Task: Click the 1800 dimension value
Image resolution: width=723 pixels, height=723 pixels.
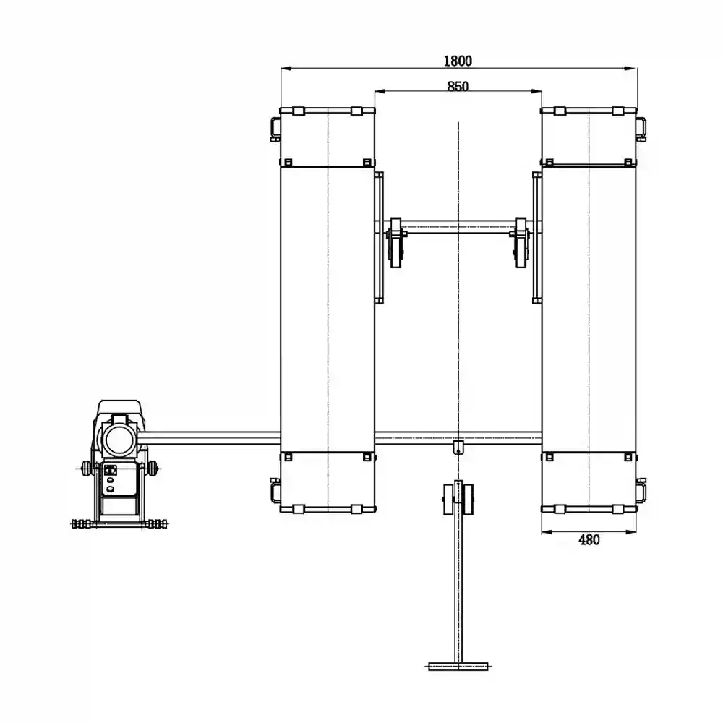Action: [458, 61]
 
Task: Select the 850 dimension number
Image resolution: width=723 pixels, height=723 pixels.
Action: [458, 86]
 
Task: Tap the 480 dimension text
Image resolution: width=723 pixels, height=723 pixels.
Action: [589, 540]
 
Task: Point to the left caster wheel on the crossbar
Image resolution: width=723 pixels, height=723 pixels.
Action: [395, 243]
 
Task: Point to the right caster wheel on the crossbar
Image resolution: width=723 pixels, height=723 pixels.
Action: [521, 243]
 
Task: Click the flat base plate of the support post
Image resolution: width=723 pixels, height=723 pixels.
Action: [458, 667]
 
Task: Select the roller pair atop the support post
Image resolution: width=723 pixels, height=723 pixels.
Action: [458, 499]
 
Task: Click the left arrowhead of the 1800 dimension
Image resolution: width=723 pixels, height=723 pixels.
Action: [287, 68]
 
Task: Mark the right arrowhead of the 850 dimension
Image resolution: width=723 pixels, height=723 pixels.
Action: [536, 91]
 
